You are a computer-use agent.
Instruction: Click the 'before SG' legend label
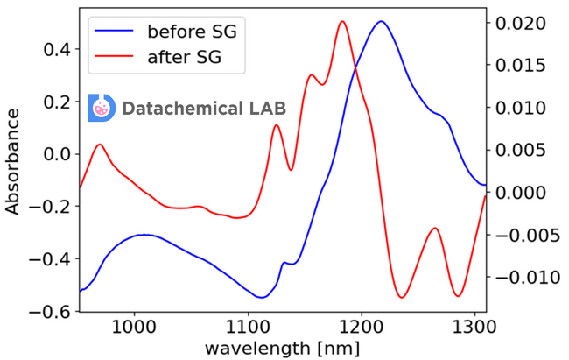tap(192, 32)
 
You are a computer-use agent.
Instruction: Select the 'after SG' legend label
tap(184, 59)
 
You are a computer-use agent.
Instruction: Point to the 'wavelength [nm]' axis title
tap(282, 348)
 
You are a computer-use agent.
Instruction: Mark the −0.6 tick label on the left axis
tap(51, 312)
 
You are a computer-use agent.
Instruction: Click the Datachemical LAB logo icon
tap(102, 108)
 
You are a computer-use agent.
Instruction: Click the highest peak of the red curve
tap(342, 22)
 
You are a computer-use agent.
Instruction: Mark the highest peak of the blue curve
tap(380, 22)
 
